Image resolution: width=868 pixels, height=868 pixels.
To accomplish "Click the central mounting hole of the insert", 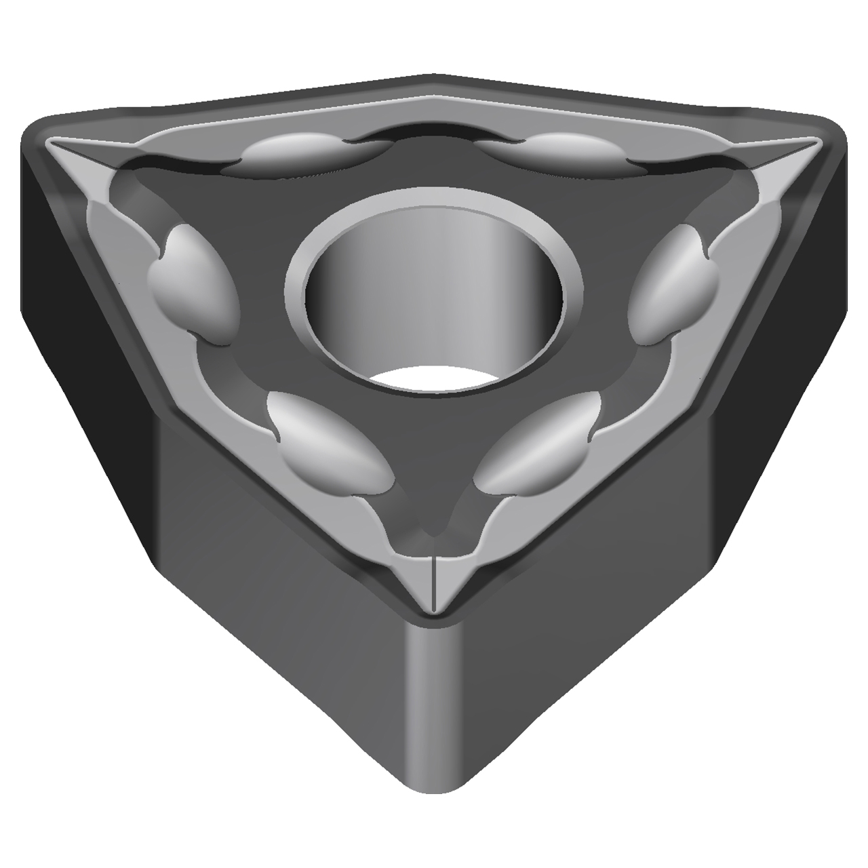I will (x=434, y=298).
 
